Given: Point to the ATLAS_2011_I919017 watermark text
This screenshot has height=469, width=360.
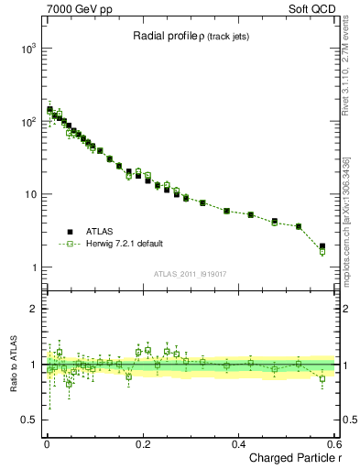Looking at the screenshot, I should [x=191, y=272].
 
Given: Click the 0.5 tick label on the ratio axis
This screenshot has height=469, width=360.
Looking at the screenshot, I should [x=28, y=420].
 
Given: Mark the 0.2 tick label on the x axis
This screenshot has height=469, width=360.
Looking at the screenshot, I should [x=143, y=443].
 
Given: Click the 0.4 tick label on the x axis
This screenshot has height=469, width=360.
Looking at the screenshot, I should [x=239, y=443].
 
